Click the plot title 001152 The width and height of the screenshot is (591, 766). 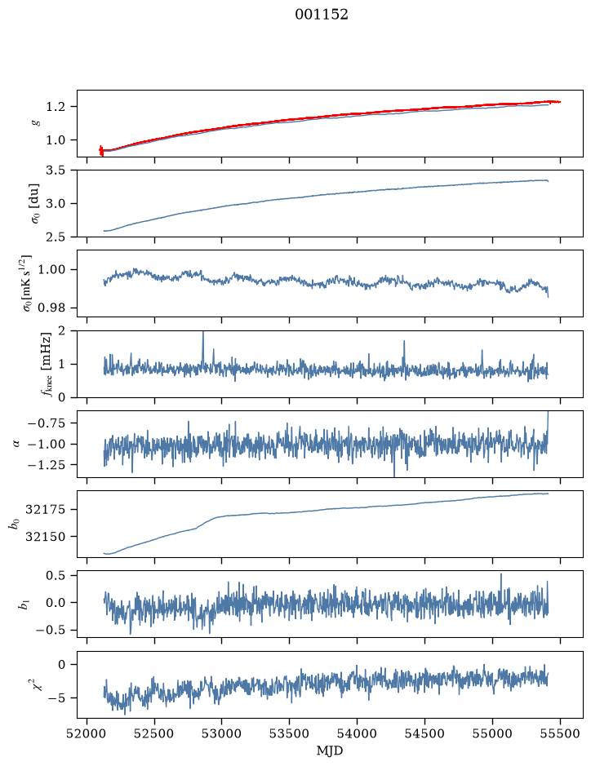point(321,15)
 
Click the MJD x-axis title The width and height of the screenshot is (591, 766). point(330,751)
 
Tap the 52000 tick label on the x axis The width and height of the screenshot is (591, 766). point(87,733)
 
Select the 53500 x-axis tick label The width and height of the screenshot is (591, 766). point(290,733)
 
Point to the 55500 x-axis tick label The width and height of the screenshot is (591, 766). point(560,733)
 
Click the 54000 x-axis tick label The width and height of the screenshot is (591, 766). point(357,733)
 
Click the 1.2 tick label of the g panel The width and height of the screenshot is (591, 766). point(56,107)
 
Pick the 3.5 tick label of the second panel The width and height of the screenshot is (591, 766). point(56,170)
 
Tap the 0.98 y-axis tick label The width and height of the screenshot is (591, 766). point(51,308)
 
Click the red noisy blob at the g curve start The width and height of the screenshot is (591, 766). point(101,150)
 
